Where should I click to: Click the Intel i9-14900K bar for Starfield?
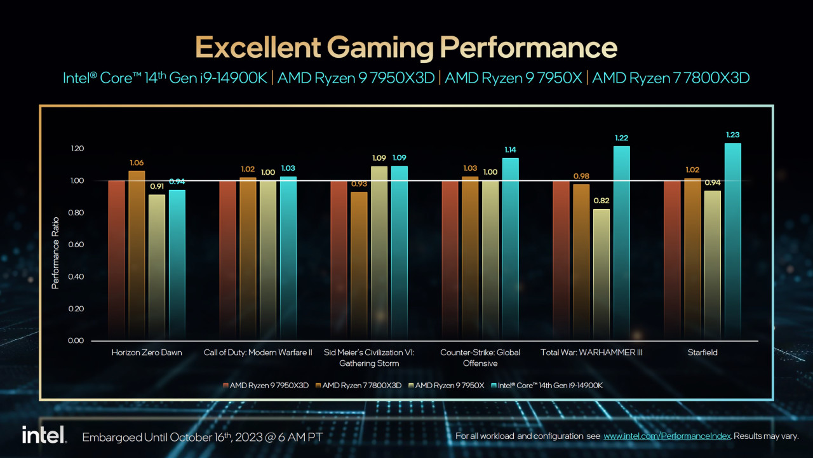(x=732, y=241)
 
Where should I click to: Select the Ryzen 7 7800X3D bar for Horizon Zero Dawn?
(x=137, y=254)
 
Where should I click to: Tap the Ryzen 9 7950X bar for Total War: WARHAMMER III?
(x=601, y=273)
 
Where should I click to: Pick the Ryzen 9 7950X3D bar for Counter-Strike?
(x=450, y=260)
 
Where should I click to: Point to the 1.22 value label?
(x=622, y=138)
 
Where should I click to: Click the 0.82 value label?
(x=601, y=201)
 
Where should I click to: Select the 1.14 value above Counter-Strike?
(x=510, y=150)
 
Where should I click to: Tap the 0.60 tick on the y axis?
(x=76, y=245)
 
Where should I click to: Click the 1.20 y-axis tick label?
(x=76, y=149)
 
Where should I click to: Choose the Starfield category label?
(x=702, y=353)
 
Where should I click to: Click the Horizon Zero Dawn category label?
(x=146, y=353)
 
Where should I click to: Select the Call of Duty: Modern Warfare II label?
(x=258, y=353)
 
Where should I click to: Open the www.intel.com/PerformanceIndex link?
(x=668, y=436)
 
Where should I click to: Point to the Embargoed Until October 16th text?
(x=203, y=437)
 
